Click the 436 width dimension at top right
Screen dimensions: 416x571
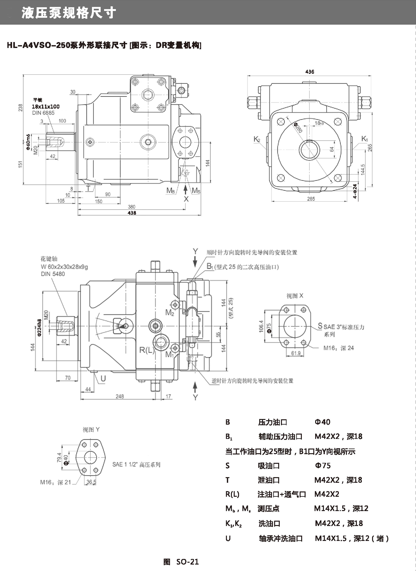tap(310, 72)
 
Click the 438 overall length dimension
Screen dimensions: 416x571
tap(132, 213)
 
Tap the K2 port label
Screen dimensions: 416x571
tap(257, 139)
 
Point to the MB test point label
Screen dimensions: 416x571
tap(171, 191)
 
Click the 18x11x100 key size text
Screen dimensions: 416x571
tap(46, 107)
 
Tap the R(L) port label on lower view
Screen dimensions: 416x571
tap(147, 350)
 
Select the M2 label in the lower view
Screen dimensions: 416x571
tap(169, 313)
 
